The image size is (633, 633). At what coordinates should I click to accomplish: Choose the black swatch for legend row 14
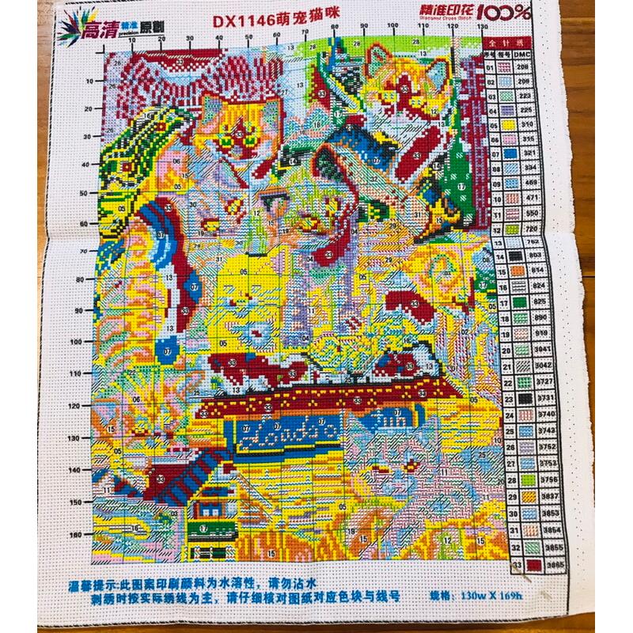point(516,256)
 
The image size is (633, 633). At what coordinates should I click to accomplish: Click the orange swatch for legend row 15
point(517,271)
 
